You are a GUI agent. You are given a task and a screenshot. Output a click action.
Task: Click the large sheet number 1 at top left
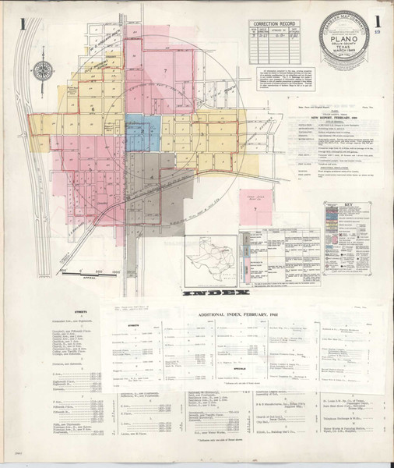[26, 25]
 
